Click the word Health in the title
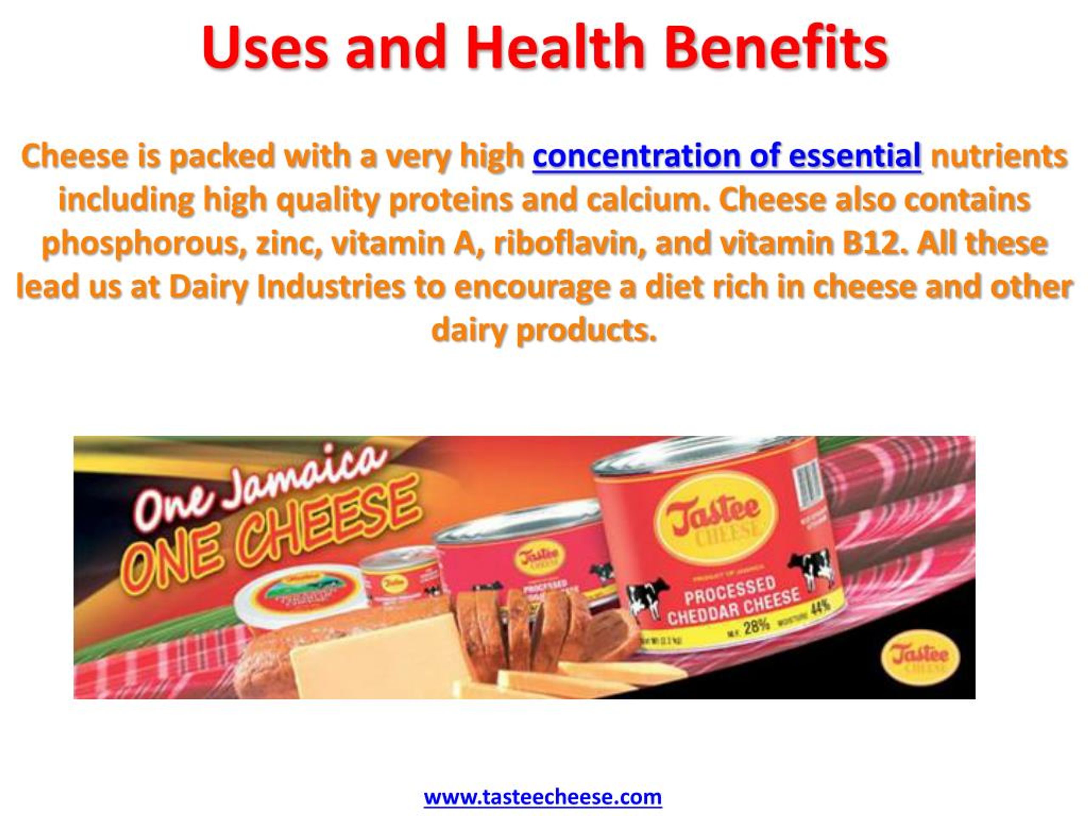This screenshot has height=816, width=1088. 556,48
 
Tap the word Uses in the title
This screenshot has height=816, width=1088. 265,48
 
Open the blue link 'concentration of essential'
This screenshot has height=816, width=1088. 726,156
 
